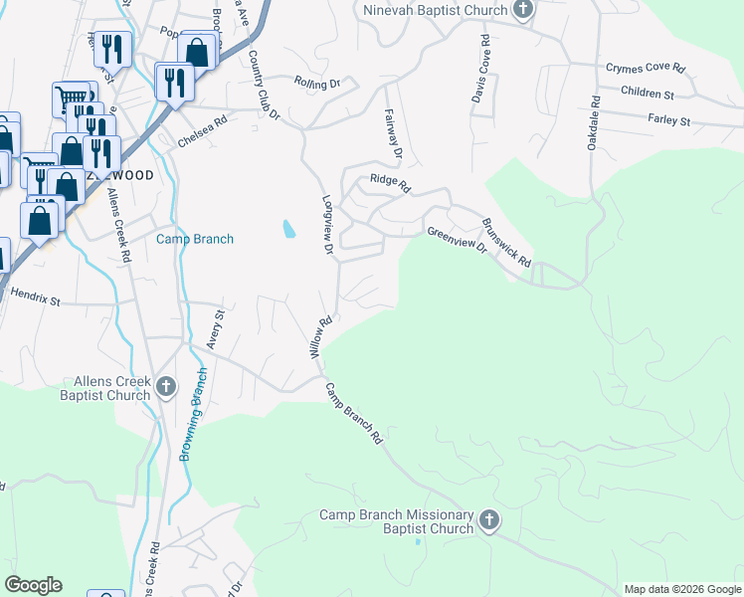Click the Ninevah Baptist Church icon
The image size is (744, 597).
pyautogui.click(x=523, y=10)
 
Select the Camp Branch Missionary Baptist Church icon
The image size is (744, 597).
pyautogui.click(x=488, y=519)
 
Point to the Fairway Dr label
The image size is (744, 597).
pyautogui.click(x=393, y=134)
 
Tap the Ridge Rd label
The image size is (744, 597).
pyautogui.click(x=390, y=181)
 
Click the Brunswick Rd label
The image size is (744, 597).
pyautogui.click(x=506, y=242)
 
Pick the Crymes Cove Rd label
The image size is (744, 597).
pyautogui.click(x=646, y=69)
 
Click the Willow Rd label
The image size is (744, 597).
pyautogui.click(x=319, y=337)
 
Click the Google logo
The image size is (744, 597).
pyautogui.click(x=33, y=585)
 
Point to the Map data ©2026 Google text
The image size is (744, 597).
pyautogui.click(x=681, y=589)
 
